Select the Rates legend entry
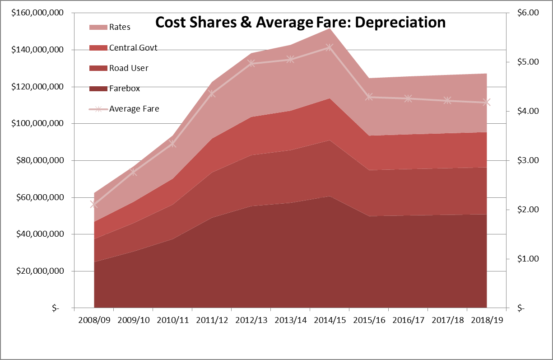[120, 27]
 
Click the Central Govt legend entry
[133, 47]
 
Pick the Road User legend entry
[129, 68]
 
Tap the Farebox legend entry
[124, 88]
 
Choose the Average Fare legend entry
[134, 108]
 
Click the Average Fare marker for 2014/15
[330, 47]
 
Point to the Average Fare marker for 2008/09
[94, 204]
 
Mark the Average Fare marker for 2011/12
[212, 94]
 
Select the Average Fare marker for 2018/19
[487, 103]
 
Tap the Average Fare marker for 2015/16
[369, 97]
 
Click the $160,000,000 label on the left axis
[37, 13]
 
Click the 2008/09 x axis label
[93, 320]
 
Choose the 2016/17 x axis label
[408, 320]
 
